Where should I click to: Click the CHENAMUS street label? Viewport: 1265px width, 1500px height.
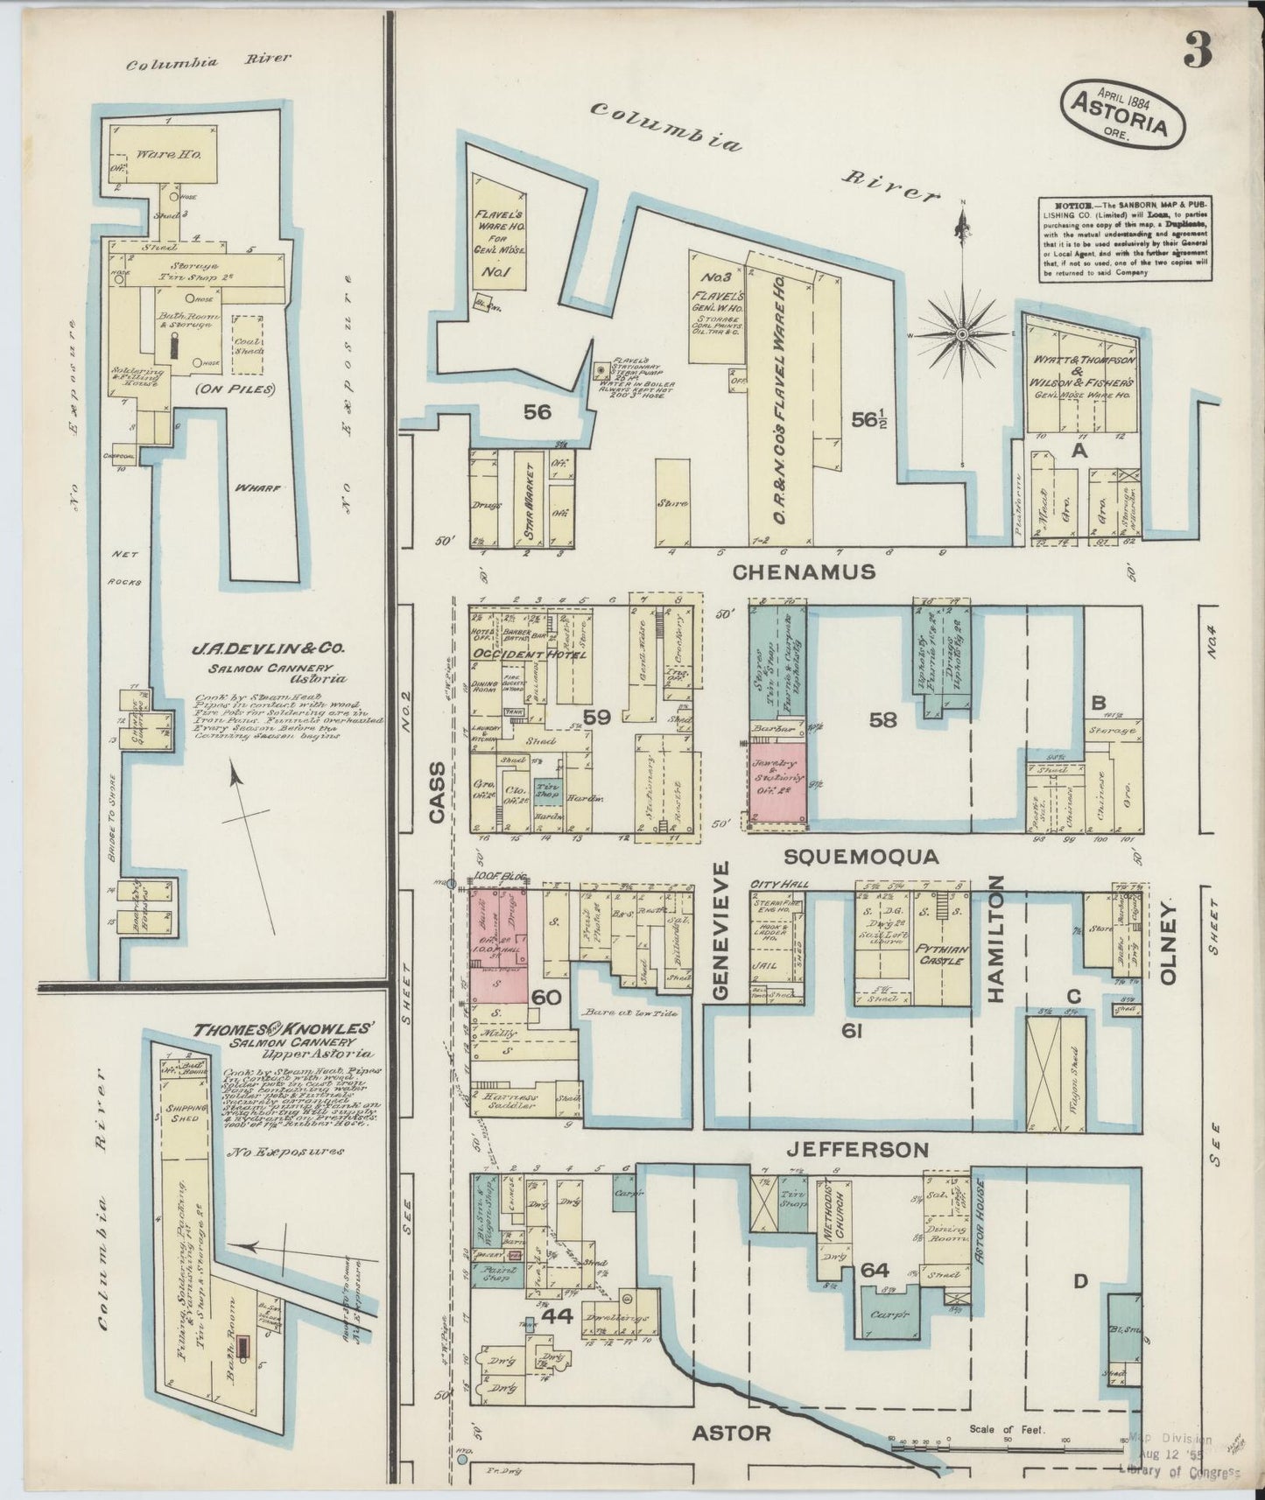coord(804,572)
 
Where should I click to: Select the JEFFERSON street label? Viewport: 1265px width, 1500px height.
coord(855,1148)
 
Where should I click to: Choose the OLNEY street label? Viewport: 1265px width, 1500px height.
coord(1172,943)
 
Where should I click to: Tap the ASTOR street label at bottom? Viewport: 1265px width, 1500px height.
coord(732,1433)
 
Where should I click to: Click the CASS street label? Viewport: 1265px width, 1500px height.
coord(439,791)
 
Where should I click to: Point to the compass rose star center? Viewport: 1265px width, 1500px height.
coord(962,334)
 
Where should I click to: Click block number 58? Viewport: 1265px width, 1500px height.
coord(883,719)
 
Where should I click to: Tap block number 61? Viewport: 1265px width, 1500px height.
coord(852,1033)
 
